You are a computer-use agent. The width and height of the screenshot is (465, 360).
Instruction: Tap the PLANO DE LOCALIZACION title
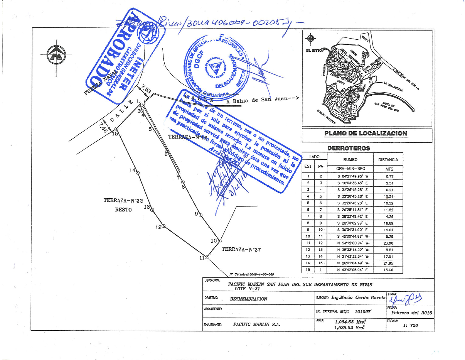tap(366, 134)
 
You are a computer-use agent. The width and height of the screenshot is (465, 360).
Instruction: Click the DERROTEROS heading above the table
tap(349, 148)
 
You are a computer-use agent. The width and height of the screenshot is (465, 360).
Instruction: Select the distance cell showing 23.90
tap(389, 243)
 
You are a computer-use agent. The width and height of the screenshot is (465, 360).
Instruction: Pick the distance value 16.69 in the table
tap(389, 223)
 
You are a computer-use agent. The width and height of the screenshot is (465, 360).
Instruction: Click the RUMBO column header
tap(350, 159)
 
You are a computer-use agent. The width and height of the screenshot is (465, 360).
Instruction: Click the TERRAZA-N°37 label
tap(241, 250)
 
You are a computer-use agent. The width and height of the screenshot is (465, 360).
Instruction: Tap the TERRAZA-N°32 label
tap(123, 201)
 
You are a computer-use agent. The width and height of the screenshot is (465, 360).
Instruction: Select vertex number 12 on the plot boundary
tap(163, 225)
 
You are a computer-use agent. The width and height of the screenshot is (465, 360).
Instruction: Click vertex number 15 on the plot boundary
tap(116, 128)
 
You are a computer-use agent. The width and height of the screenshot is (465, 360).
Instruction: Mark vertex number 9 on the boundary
tap(200, 215)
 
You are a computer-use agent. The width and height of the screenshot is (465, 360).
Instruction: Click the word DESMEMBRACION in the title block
tap(248, 299)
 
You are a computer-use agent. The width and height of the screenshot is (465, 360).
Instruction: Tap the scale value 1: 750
tap(410, 325)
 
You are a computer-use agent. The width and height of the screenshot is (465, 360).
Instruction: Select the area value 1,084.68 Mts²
tap(350, 321)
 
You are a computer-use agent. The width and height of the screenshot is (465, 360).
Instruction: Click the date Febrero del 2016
tap(411, 313)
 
